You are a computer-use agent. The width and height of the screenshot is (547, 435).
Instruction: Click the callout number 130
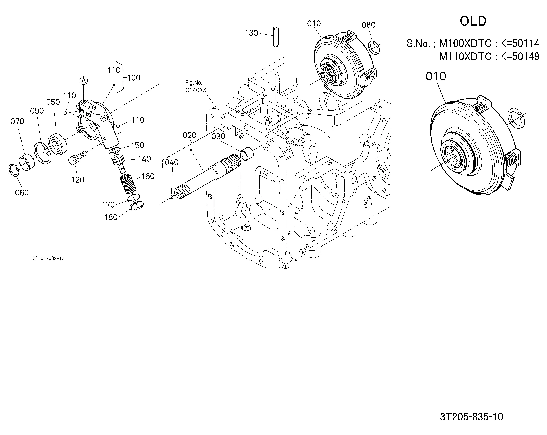251,33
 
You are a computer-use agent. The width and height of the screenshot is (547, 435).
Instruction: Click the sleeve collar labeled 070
27,163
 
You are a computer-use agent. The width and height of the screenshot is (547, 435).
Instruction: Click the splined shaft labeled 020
208,176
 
